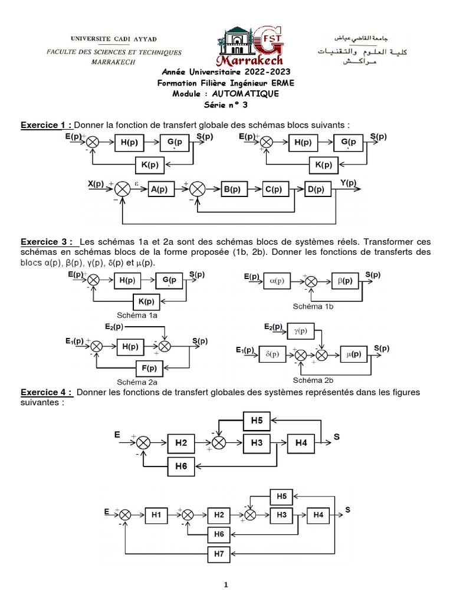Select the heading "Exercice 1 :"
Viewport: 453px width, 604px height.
(x=47, y=125)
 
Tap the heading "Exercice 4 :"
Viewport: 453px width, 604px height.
(x=47, y=393)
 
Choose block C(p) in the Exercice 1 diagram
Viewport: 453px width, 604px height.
(x=273, y=190)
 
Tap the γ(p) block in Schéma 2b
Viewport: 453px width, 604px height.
(x=301, y=331)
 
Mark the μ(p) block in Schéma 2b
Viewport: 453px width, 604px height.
(x=354, y=354)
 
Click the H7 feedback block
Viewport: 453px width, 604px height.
(x=219, y=553)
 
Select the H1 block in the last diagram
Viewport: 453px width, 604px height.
(x=156, y=515)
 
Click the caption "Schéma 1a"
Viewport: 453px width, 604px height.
(x=137, y=316)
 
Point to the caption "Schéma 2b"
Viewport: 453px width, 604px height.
(x=313, y=380)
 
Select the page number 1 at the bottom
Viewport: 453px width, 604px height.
(x=225, y=585)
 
